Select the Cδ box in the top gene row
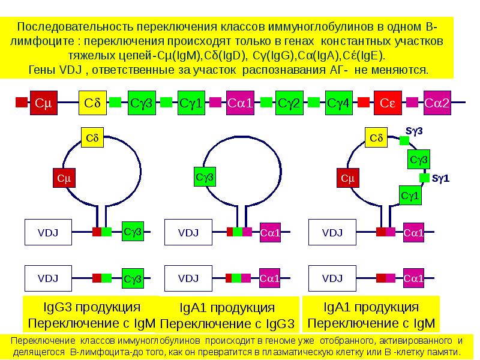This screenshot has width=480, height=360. click(92, 103)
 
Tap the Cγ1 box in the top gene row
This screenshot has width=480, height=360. click(190, 103)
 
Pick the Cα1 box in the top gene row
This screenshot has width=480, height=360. click(240, 103)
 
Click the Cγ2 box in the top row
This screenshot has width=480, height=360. click(289, 103)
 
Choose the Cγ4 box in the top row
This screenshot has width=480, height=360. click(338, 103)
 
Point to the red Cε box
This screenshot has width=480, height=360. click(388, 103)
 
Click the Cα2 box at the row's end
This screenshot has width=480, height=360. click(437, 103)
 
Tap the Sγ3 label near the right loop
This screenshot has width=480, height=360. click(415, 130)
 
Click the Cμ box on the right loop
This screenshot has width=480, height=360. click(347, 178)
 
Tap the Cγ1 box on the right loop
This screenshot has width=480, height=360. click(410, 196)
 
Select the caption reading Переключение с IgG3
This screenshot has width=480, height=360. click(227, 324)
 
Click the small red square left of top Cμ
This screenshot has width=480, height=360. click(22, 103)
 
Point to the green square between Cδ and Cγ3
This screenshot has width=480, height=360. click(115, 103)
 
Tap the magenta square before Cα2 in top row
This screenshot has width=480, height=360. click(412, 103)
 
